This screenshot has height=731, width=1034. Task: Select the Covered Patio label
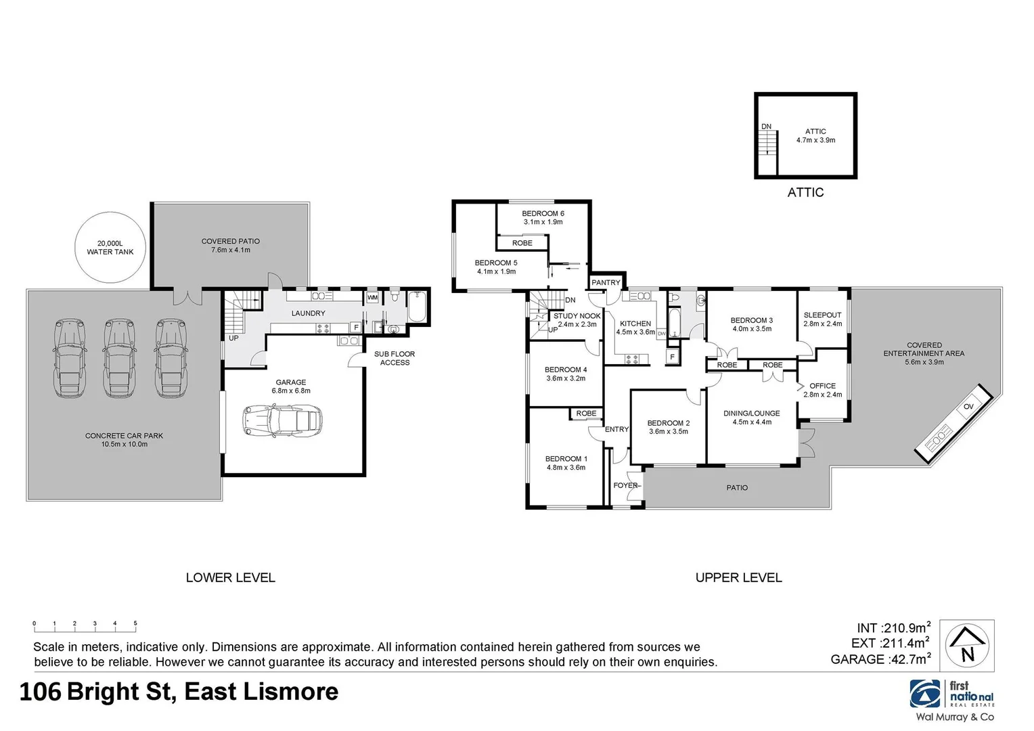point(230,242)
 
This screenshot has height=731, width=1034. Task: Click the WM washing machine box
point(372,298)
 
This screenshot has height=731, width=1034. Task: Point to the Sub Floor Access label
point(395,358)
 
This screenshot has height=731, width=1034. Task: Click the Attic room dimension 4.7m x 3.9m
point(815,140)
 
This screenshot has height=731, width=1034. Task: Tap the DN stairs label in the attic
point(766,127)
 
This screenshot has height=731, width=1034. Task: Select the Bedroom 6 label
point(543,213)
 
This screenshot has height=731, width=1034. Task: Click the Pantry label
point(606,282)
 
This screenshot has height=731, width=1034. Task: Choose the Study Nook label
point(577,316)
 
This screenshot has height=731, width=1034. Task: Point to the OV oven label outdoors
point(968,406)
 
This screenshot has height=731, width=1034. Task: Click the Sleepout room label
point(822,315)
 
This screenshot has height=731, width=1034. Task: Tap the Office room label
point(822,386)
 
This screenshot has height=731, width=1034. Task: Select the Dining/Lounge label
point(751,413)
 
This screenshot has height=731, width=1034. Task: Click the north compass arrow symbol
point(968,645)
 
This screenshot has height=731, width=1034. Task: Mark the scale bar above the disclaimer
point(85,625)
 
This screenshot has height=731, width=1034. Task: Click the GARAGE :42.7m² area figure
point(880,659)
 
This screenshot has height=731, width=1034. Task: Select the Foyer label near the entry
point(625,485)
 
